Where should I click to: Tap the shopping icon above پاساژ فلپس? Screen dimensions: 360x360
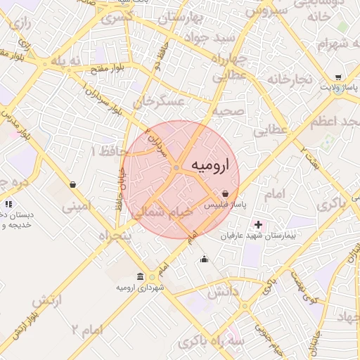(224, 193)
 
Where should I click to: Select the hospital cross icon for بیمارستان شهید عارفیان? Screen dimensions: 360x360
(258, 225)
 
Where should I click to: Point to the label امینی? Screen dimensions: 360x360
(76, 207)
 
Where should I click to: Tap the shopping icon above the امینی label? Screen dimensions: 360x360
(72, 185)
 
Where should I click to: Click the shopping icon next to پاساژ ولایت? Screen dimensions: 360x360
(338, 77)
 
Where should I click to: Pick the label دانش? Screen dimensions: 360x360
(226, 290)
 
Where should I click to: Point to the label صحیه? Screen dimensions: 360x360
(229, 110)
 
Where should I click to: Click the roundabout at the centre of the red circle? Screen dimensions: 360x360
(176, 167)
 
